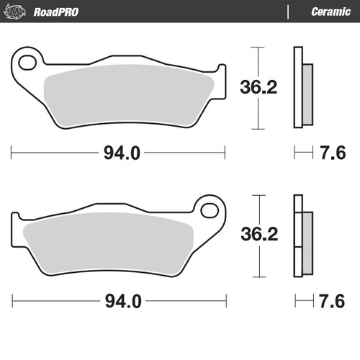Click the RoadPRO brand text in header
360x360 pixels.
coord(55,11)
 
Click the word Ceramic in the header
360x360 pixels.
coord(329,11)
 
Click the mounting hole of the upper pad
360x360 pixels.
coord(28,61)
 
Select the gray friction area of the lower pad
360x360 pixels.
coord(108,245)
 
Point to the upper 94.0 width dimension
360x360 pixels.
coord(119,153)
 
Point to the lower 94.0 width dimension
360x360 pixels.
coord(119,300)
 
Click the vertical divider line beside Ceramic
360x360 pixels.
coord(288,12)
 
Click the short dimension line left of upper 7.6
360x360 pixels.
coord(302,153)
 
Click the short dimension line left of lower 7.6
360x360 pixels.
coord(302,300)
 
